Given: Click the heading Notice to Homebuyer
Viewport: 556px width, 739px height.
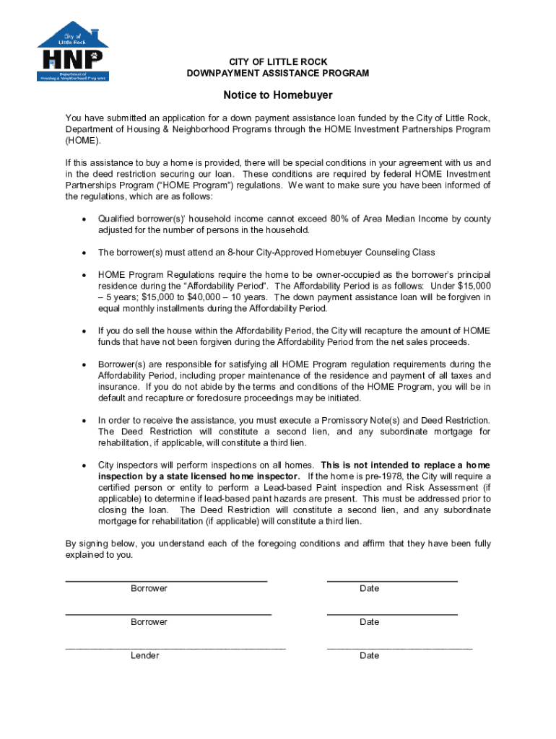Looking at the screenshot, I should click(x=278, y=95).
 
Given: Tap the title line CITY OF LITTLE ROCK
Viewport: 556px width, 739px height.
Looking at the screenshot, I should click(x=278, y=62).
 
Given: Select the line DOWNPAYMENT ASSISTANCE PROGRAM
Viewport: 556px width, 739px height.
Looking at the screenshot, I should click(x=278, y=74).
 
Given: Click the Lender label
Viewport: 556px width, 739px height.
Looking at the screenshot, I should click(x=145, y=655).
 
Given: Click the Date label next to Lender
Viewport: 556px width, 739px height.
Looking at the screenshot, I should click(x=369, y=655).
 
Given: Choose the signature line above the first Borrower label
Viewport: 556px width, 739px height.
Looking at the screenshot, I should click(x=166, y=580).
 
